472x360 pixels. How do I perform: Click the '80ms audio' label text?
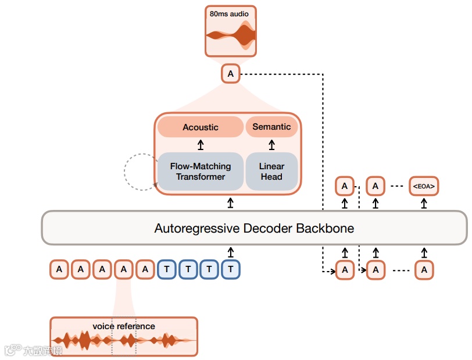point(230,13)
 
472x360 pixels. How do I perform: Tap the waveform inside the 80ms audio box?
point(231,36)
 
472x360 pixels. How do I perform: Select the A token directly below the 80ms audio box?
point(231,74)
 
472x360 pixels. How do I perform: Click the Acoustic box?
point(201,127)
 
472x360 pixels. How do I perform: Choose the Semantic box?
point(271,127)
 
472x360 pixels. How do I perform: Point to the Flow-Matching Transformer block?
point(201,172)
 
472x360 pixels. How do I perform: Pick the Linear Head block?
point(271,172)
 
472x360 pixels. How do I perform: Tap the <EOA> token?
point(424,187)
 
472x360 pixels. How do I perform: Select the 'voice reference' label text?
point(124,326)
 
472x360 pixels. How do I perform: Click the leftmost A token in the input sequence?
point(59,269)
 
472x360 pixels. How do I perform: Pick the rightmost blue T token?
point(231,269)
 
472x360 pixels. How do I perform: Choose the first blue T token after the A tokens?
point(167,269)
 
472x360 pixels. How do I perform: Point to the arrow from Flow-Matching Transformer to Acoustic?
point(201,145)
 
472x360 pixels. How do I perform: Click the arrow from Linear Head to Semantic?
point(271,145)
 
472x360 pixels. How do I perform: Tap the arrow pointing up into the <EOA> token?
point(424,203)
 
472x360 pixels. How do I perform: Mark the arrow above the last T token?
point(231,252)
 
